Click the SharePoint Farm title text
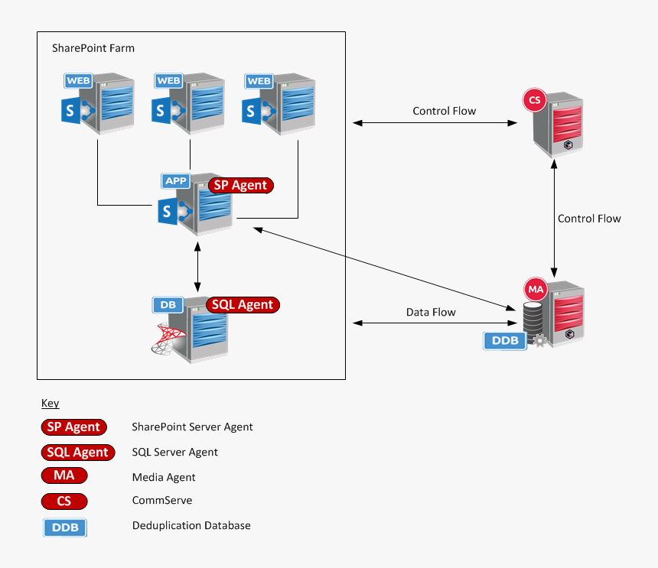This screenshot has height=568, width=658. coord(93,48)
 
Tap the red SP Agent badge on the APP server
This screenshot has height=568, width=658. coord(241,185)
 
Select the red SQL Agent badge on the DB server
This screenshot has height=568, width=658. coord(243,305)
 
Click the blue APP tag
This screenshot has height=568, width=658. coord(177,181)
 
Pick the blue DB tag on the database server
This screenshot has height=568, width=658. coord(168,304)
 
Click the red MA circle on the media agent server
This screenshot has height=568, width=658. coord(536,290)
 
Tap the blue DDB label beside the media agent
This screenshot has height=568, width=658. coord(505,340)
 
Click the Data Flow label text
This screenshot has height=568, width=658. coord(431,312)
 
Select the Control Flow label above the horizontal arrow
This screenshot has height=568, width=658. coord(444,111)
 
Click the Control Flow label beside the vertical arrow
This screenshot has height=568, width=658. coord(589,219)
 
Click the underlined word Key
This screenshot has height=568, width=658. coord(50,403)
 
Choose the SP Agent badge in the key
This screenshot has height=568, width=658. coord(73,427)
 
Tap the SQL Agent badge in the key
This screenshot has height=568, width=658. coord(77,452)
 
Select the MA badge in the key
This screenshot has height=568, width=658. coord(64,476)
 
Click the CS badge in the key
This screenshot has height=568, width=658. coord(64,501)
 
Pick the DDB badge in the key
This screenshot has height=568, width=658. coord(65,527)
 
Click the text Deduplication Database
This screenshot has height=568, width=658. coord(191,525)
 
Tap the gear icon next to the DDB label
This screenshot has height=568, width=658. coord(540,341)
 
